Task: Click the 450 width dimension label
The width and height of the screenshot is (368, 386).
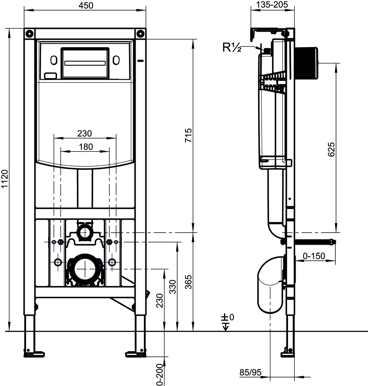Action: [86, 5]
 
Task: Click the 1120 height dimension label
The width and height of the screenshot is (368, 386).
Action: [5, 179]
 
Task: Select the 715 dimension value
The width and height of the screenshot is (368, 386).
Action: [189, 135]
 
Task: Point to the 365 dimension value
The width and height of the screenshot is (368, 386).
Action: [189, 282]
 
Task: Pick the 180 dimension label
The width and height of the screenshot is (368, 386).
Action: [86, 147]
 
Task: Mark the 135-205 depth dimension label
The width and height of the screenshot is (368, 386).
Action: [273, 4]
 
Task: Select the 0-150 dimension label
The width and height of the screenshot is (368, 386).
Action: [314, 256]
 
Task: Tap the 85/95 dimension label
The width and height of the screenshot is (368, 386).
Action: [250, 372]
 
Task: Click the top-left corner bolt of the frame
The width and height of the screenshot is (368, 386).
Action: [30, 34]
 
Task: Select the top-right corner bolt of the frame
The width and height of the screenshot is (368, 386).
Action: [140, 34]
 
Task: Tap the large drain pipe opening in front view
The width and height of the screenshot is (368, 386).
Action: [85, 269]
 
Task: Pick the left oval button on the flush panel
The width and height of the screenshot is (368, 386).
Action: [53, 60]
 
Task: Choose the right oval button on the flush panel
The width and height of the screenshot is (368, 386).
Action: [116, 60]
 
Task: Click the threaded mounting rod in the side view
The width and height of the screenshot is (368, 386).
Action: [315, 242]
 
